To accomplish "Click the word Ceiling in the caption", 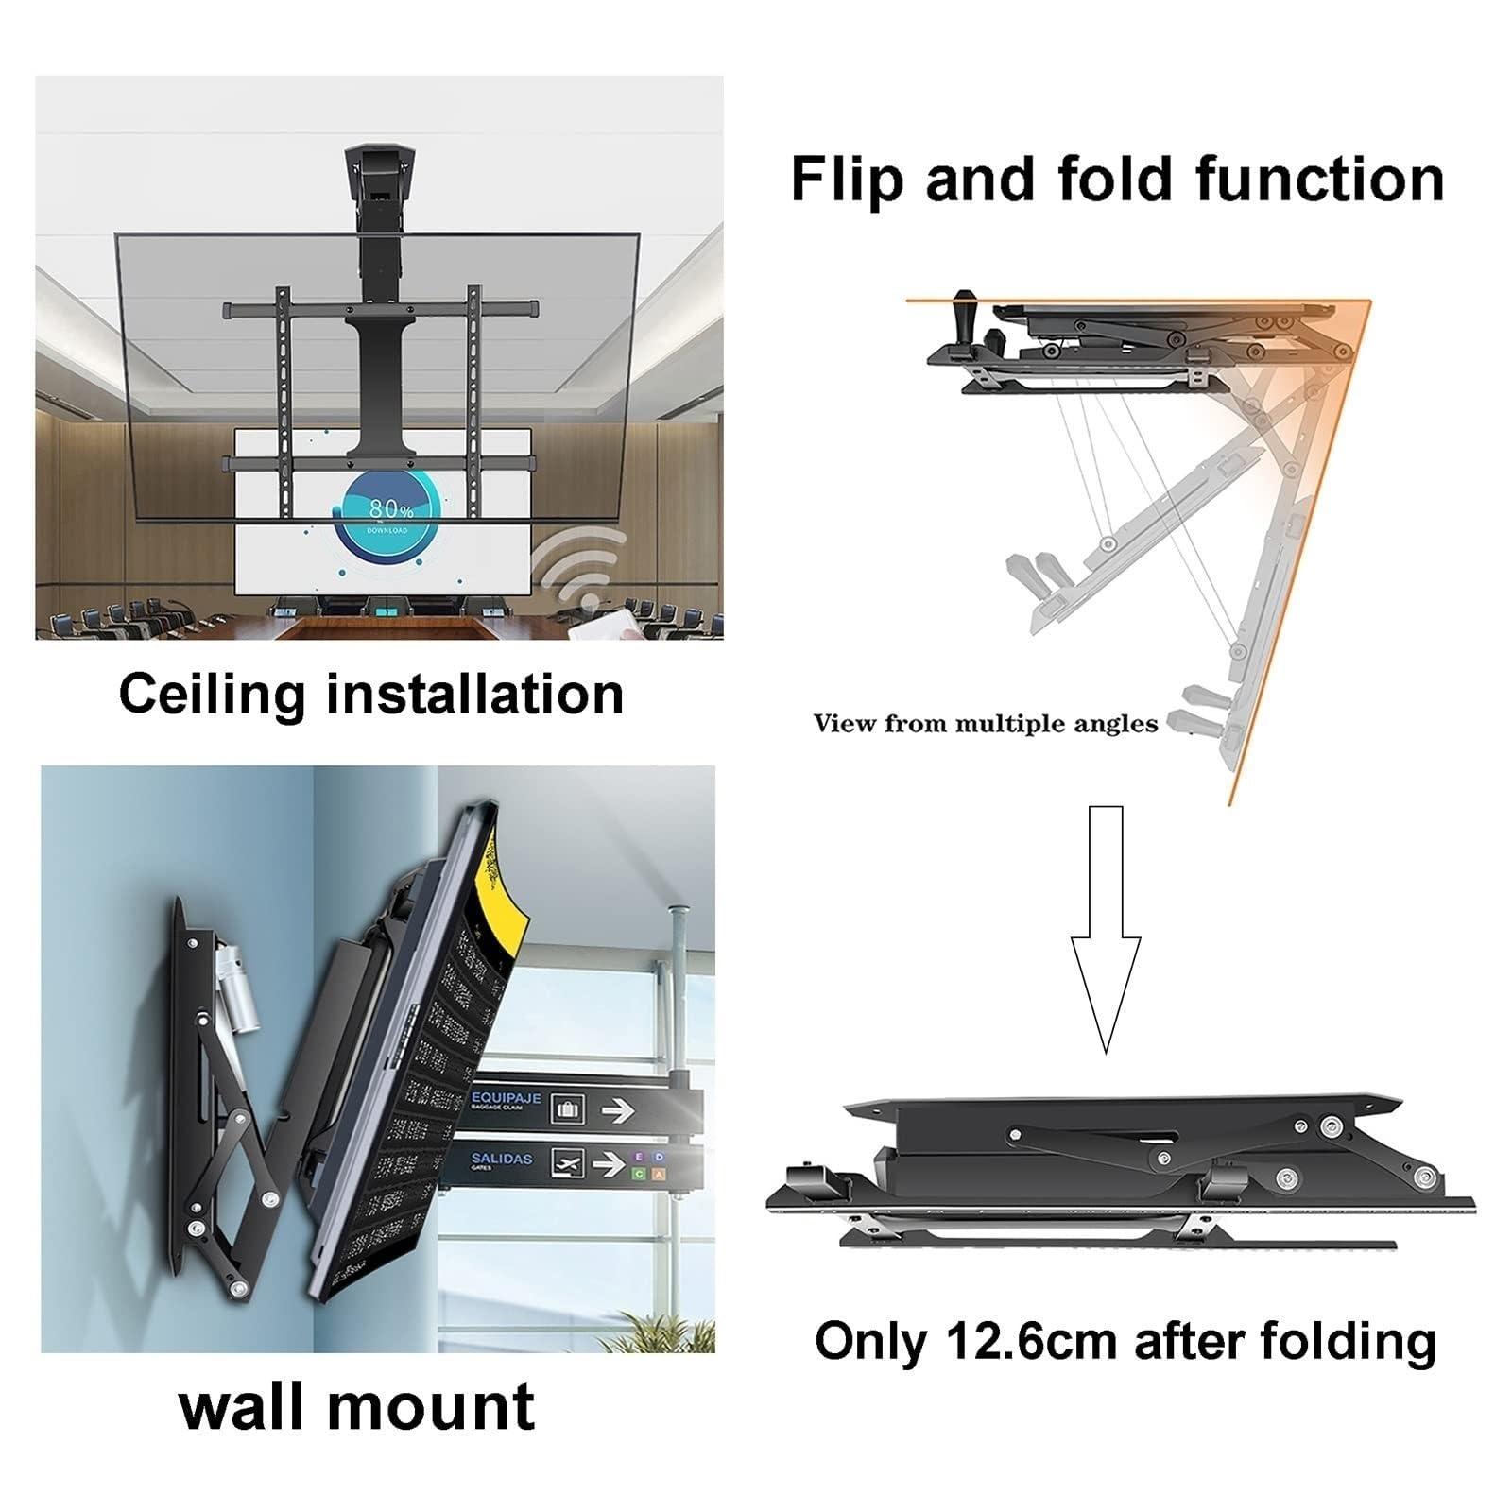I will coord(213,695).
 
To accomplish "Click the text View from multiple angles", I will coord(985,724).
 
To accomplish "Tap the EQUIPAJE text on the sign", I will coord(507,1099).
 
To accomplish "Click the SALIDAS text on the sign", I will coord(502,1159).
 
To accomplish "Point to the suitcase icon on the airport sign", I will coord(567,1109).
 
